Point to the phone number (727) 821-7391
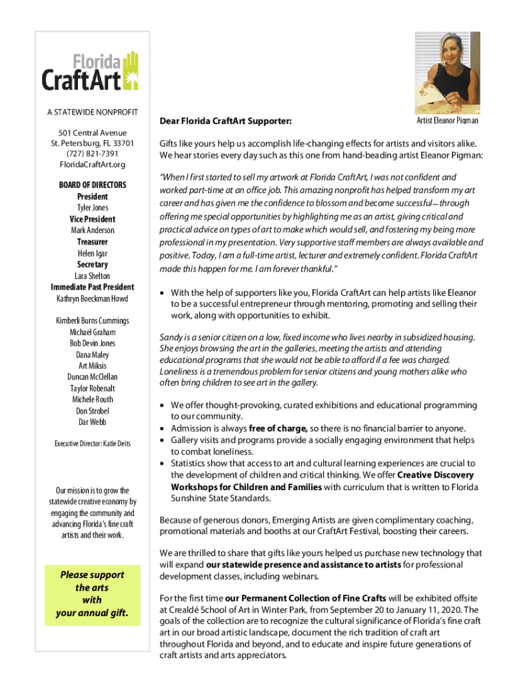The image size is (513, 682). pyautogui.click(x=93, y=154)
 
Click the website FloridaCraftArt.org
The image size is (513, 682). pyautogui.click(x=93, y=165)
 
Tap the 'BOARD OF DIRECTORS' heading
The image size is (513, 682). pyautogui.click(x=93, y=184)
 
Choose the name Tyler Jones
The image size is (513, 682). pyautogui.click(x=93, y=208)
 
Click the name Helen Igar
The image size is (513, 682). pyautogui.click(x=93, y=253)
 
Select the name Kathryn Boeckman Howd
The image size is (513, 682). pyautogui.click(x=93, y=298)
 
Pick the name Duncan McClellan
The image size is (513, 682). pyautogui.click(x=93, y=377)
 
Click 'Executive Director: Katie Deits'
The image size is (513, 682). pyautogui.click(x=93, y=444)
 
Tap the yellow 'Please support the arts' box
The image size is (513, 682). pyautogui.click(x=92, y=593)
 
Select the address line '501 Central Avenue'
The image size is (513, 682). pyautogui.click(x=93, y=133)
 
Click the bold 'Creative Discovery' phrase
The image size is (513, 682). pyautogui.click(x=436, y=475)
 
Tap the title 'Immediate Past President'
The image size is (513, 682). pyautogui.click(x=93, y=287)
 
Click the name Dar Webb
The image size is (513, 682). pyautogui.click(x=93, y=422)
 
